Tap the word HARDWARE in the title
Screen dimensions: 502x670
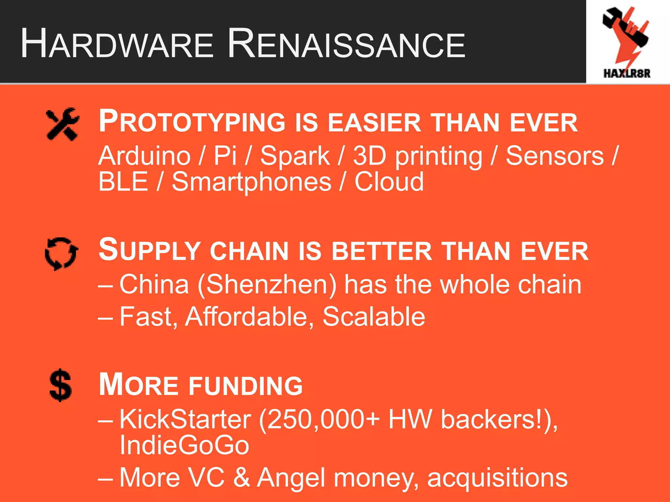[x=117, y=44]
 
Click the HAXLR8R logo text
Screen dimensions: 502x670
[x=627, y=73]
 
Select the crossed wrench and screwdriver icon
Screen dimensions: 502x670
[x=62, y=124]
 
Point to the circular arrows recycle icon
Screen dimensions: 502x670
[x=62, y=254]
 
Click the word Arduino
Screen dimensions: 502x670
[x=144, y=156]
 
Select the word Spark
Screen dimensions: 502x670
[x=295, y=156]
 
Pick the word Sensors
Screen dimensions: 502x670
[x=555, y=156]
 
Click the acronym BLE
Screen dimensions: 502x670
[x=123, y=182]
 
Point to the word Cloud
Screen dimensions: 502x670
[x=389, y=182]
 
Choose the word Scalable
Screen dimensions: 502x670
[x=374, y=317]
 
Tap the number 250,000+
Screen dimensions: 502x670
[x=320, y=420]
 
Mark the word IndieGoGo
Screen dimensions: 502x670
[x=184, y=445]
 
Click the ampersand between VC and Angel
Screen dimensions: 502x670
[x=241, y=477]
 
